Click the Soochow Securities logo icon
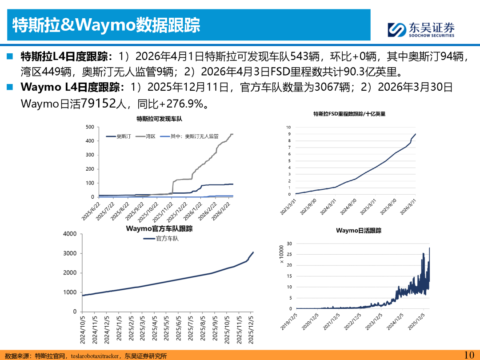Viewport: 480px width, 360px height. [397, 30]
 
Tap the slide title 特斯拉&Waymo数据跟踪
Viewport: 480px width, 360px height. [106, 25]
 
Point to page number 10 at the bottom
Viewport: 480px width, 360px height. [469, 355]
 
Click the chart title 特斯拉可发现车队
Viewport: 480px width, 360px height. [159, 119]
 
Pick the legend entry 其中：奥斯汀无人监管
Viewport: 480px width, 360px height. [189, 136]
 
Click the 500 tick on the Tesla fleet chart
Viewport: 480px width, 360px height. [90, 127]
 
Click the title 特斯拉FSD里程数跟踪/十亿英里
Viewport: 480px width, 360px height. [349, 114]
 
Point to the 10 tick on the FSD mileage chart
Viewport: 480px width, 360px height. [288, 128]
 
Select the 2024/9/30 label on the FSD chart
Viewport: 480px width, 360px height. [348, 206]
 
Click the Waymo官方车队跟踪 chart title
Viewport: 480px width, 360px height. [159, 229]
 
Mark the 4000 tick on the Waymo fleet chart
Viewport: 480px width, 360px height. [70, 234]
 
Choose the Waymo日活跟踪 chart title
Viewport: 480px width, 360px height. [359, 231]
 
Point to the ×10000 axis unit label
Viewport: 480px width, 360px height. [282, 254]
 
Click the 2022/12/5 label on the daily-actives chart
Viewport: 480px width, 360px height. [352, 321]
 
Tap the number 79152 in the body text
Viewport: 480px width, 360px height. [99, 104]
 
